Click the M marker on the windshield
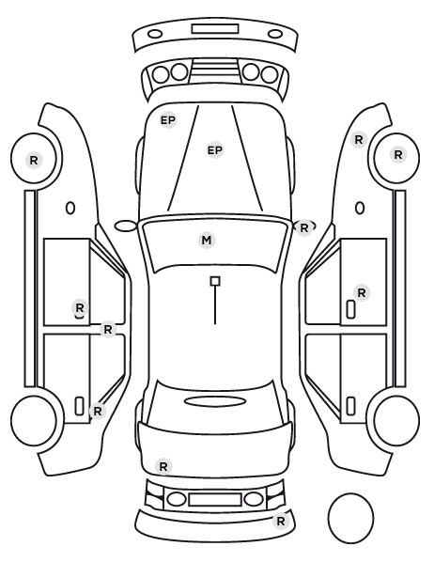pos(207,241)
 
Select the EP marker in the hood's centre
pos(215,150)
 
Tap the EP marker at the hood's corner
pos(168,120)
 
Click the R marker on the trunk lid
pos(163,467)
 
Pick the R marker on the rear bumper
pos(281,521)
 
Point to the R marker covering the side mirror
pos(304,227)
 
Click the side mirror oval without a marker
pos(126,226)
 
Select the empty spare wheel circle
pos(350,518)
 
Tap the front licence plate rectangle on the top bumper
pos(215,29)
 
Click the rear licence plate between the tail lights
pos(215,499)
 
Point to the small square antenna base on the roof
pos(215,281)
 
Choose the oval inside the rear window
pos(215,401)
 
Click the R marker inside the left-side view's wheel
pos(34,160)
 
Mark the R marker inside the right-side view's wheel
pos(397,155)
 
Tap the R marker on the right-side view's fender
pos(359,140)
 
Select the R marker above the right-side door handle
pos(362,293)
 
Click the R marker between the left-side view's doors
pos(108,329)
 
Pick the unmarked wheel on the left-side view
pos(34,420)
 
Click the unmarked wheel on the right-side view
pos(396,420)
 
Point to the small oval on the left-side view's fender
pos(70,209)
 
